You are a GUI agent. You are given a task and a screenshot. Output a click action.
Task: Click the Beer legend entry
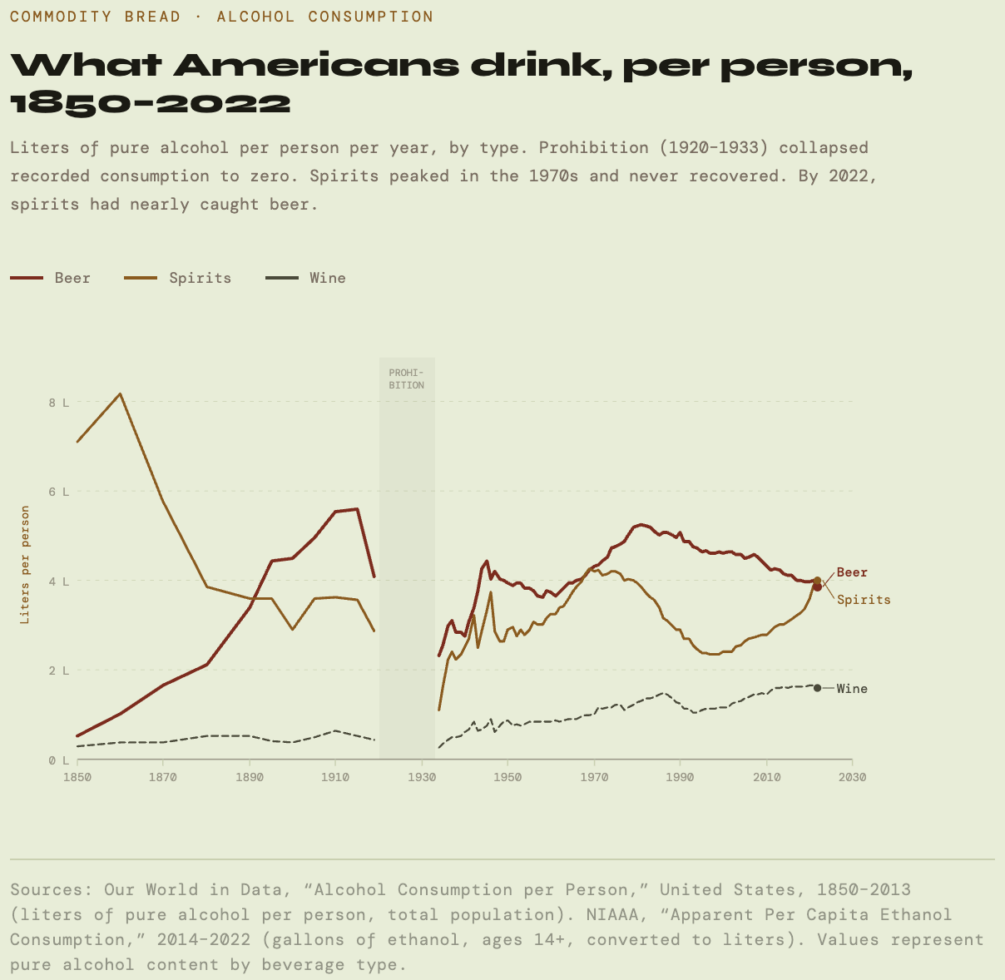(x=51, y=278)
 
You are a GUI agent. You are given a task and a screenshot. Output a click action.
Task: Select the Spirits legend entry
(x=178, y=278)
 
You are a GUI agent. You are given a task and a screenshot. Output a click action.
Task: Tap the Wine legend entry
(x=305, y=278)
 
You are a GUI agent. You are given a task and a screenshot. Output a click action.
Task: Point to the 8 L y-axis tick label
(x=58, y=403)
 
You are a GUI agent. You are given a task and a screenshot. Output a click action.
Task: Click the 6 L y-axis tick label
(x=58, y=492)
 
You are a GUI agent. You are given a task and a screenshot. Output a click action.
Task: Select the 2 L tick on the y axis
(x=58, y=671)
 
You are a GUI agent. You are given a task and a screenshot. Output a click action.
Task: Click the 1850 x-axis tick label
(x=77, y=777)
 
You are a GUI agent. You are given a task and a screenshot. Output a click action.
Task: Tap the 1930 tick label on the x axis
(x=422, y=777)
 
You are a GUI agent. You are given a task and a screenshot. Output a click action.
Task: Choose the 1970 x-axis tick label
(x=594, y=777)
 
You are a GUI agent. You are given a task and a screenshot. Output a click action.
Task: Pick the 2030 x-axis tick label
(x=852, y=777)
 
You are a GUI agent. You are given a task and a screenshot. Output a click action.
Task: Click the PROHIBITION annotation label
(x=407, y=379)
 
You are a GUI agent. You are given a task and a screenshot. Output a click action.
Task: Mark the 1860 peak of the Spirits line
(x=121, y=393)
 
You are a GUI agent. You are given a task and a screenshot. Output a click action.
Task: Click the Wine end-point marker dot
(x=817, y=688)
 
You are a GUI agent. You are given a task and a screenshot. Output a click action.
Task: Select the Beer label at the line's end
(x=852, y=572)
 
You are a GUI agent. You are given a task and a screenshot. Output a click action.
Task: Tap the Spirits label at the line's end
(x=864, y=600)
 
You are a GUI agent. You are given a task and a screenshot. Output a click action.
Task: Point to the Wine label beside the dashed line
(x=852, y=689)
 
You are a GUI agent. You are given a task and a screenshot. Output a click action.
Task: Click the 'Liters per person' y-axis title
(x=26, y=565)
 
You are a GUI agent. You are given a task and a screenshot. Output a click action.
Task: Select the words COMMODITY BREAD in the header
(x=95, y=17)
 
